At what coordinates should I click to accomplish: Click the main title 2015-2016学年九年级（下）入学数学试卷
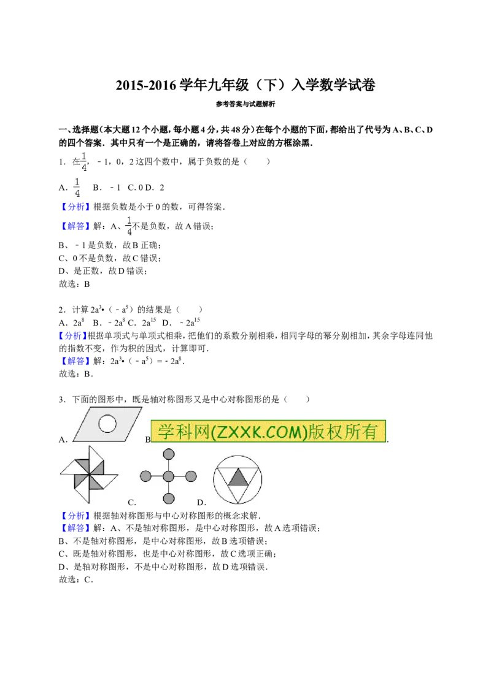click(x=245, y=85)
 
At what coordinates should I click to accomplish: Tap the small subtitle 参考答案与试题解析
click(x=245, y=104)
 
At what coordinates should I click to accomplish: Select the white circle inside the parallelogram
click(x=107, y=423)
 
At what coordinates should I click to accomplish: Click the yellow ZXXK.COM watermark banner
click(x=268, y=431)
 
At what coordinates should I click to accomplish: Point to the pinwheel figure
click(x=89, y=475)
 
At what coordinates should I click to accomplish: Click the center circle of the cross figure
click(x=168, y=476)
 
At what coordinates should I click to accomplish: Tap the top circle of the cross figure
click(x=168, y=454)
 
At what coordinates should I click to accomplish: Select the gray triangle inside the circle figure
click(x=238, y=478)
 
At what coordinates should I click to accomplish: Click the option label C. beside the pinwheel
click(x=132, y=502)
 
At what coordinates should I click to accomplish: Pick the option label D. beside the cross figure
click(x=202, y=502)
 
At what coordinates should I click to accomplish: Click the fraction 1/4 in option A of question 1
click(x=77, y=187)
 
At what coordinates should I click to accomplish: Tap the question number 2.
click(x=63, y=310)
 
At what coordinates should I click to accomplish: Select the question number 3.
click(x=63, y=399)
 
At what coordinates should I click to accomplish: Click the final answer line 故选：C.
click(x=75, y=579)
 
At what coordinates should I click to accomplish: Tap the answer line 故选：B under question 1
click(x=74, y=284)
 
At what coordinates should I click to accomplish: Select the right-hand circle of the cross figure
click(x=191, y=476)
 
